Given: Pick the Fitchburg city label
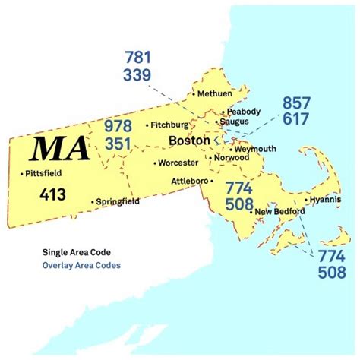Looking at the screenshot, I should point(169,124).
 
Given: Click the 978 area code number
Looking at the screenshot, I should point(118,124).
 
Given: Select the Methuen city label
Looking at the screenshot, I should point(214,94).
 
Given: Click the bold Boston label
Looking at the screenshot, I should point(189,141).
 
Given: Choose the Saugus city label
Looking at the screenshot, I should point(234,122).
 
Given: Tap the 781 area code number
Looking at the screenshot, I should point(138,58).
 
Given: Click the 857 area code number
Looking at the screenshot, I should point(297,103).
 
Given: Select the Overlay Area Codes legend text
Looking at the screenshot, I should point(81,266).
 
